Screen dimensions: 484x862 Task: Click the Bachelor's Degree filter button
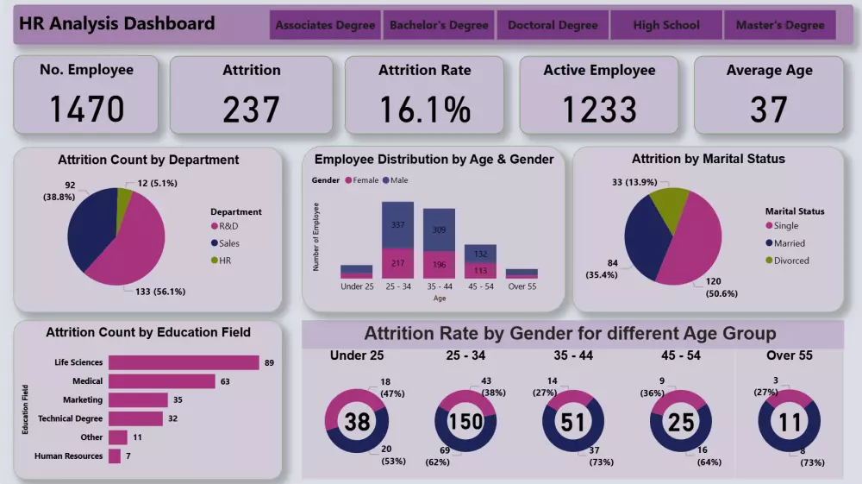point(439,25)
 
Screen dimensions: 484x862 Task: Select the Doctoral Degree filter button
point(553,25)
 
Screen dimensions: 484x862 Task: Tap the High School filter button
point(666,25)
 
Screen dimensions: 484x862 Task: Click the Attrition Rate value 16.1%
point(425,110)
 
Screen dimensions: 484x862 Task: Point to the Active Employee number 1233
point(599,110)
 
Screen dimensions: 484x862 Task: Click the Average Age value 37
point(769,110)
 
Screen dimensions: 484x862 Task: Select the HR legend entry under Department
point(224,260)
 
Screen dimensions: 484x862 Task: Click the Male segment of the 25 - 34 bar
point(398,225)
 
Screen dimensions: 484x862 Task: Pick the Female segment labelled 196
point(439,264)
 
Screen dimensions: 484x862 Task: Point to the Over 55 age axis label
point(522,286)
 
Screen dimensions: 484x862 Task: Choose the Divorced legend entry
point(790,260)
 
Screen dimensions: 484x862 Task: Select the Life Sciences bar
point(184,362)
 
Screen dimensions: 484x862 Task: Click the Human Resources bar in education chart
point(115,456)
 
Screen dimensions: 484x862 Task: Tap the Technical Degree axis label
point(70,418)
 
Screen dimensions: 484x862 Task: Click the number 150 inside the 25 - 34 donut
point(466,422)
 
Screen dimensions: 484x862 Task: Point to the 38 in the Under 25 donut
point(357,422)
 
